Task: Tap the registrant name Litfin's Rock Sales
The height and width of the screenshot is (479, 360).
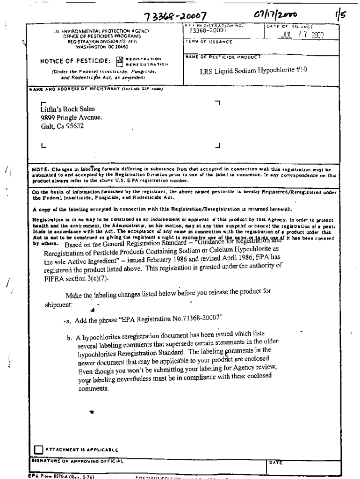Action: coord(68,109)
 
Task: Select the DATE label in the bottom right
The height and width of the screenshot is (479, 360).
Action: coord(275,462)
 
